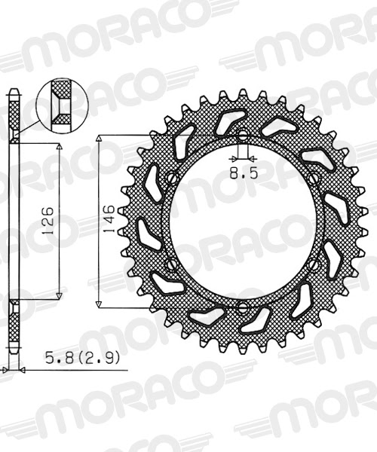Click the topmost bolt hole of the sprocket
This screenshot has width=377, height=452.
click(x=243, y=136)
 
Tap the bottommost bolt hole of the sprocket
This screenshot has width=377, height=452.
click(x=243, y=308)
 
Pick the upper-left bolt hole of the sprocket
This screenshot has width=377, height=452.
click(x=171, y=179)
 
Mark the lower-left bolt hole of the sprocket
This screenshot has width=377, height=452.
click(x=171, y=265)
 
